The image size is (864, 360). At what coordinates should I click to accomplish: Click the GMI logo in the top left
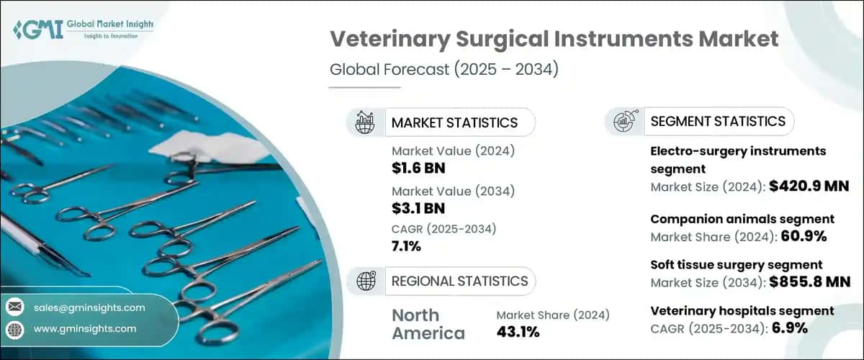point(83,30)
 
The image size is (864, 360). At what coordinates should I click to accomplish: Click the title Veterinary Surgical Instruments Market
point(554,40)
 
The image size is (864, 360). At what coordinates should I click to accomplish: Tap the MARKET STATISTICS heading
point(454,122)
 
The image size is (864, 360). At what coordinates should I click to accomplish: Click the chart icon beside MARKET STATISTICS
point(365,122)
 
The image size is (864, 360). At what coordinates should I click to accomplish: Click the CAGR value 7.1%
point(407,246)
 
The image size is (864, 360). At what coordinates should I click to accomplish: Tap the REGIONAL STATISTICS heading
point(459,281)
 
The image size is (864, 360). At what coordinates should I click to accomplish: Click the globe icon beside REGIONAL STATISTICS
point(365,281)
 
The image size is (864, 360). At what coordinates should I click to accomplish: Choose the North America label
point(428,324)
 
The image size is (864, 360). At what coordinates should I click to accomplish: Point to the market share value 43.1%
point(521,332)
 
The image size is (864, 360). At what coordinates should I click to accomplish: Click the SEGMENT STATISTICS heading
point(718,121)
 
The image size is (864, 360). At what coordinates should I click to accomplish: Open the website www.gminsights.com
point(85,328)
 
